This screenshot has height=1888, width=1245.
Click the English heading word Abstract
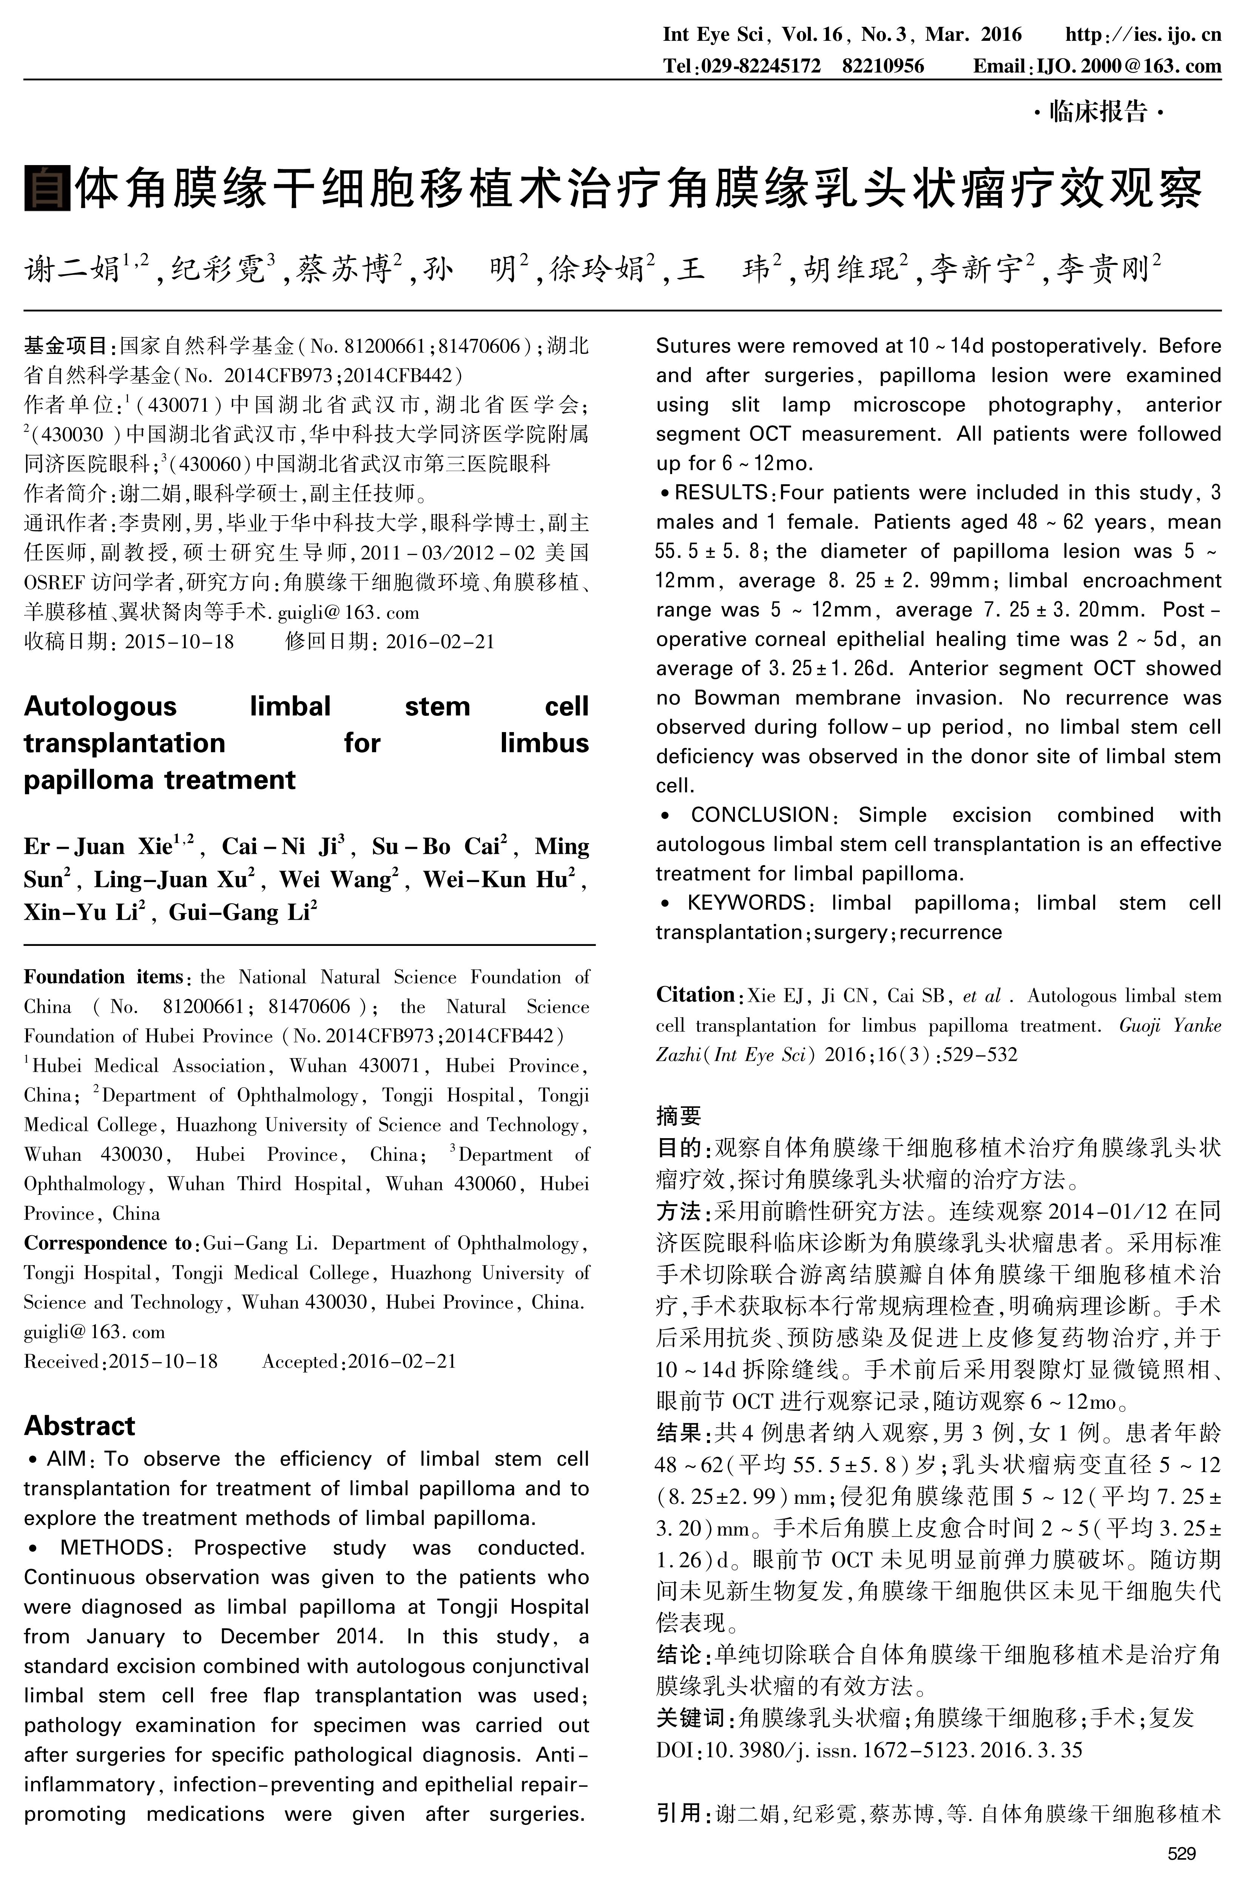pos(79,1426)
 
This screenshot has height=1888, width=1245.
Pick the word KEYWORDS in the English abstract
pos(747,903)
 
